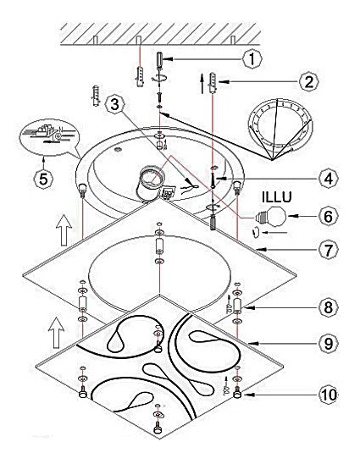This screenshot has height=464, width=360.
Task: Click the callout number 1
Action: (x=252, y=59)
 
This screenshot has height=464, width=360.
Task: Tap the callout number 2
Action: (x=309, y=81)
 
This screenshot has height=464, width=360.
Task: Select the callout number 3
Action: (x=115, y=104)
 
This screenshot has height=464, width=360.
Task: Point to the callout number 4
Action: (x=329, y=179)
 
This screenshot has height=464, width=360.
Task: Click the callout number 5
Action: (x=43, y=179)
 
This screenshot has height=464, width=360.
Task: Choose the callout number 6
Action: (x=329, y=216)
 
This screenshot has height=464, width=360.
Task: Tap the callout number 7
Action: (x=328, y=250)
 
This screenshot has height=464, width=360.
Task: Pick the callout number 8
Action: (x=329, y=307)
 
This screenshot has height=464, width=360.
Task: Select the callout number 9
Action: (x=328, y=343)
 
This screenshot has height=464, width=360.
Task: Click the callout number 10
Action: (x=329, y=395)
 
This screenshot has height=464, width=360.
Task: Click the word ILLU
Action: (x=277, y=197)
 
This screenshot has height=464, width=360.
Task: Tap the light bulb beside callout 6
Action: (x=270, y=217)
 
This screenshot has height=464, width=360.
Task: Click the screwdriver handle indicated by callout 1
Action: (x=159, y=59)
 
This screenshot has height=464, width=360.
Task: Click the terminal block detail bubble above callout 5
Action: (x=49, y=136)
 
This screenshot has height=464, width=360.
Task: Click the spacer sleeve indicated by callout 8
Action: (x=237, y=305)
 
